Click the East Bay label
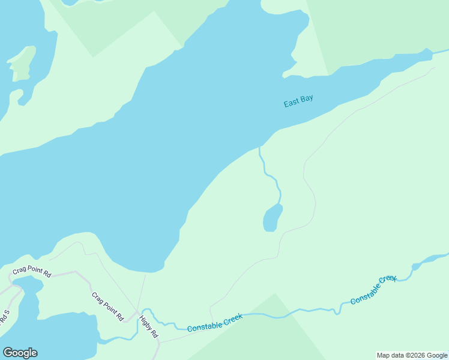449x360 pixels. pos(298,101)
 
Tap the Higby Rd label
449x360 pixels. pos(149,326)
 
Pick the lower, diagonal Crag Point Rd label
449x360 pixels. pos(107,306)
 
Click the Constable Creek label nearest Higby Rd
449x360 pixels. pos(214,323)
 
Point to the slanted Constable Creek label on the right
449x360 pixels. pos(373,289)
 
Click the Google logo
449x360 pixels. pos(20,353)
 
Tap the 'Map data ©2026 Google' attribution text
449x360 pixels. pos(412,355)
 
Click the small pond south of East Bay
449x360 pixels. pos(272,218)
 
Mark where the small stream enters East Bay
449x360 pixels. pos(259,148)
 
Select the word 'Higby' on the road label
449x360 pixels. pos(146,322)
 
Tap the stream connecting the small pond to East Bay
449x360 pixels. pos(271,177)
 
